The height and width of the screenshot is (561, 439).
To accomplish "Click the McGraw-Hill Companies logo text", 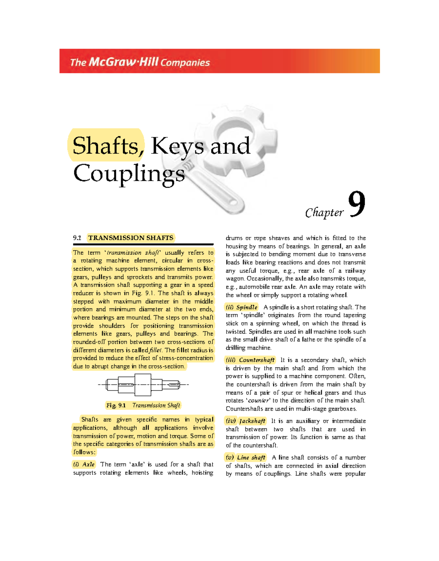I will click(140, 62).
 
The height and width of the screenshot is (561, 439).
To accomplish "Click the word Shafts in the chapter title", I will click(106, 146).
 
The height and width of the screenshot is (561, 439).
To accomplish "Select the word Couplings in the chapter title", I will click(129, 173).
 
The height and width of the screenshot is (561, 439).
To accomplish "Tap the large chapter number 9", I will click(356, 205).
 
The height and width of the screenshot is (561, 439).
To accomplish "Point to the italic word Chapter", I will click(324, 212).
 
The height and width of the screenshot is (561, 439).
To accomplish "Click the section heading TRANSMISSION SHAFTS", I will click(131, 238).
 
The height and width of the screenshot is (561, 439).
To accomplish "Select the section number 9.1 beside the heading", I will click(77, 238).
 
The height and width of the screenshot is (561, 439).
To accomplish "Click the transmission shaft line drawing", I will click(143, 385).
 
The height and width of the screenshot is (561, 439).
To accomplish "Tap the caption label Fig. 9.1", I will click(116, 405).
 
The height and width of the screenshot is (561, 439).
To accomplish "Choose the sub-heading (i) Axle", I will click(84, 464).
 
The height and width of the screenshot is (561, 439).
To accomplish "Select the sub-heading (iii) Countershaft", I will click(250, 360).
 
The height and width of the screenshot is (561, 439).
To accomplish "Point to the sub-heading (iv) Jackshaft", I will click(245, 421).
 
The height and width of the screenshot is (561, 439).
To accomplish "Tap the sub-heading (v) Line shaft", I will click(245, 458).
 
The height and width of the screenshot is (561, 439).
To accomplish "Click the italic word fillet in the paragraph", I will click(155, 350).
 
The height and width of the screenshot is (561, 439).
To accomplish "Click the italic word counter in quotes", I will click(259, 401).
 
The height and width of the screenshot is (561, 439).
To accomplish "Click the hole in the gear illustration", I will click(234, 130).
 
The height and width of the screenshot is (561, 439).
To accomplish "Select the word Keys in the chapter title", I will click(177, 146).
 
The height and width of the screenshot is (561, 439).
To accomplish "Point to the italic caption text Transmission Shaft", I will click(156, 405).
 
